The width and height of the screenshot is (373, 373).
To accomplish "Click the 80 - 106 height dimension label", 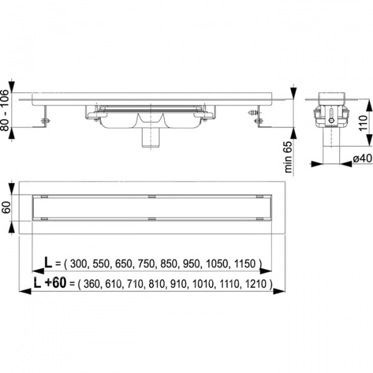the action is point(4,110).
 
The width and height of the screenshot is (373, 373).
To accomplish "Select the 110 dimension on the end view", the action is point(363,122).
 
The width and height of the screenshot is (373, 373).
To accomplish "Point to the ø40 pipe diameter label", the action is point(362,158).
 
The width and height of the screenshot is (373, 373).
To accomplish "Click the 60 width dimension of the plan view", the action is point(6,208).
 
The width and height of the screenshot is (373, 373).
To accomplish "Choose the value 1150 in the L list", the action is point(245,264).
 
